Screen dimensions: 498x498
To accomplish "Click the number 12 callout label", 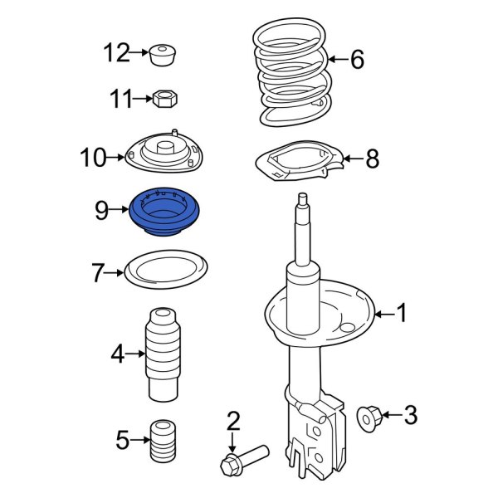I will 115,54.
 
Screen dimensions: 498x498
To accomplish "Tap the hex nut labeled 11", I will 164,100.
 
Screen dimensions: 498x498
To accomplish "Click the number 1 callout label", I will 402,314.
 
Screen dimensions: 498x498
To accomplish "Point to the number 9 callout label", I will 101,211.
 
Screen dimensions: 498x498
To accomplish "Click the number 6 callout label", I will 357,59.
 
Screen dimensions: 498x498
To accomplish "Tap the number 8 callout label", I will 372,158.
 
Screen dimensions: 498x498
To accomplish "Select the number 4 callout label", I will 117,355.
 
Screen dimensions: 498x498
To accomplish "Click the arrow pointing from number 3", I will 390,415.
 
